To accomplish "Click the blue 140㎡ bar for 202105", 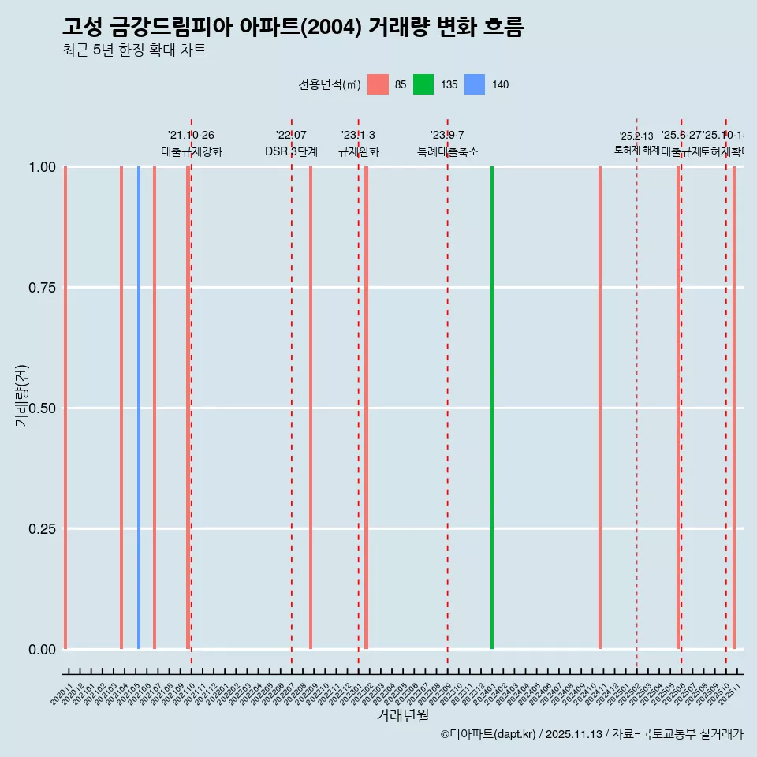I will pos(139,408).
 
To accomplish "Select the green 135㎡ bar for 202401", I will pos(492,408).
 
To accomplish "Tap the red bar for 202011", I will pos(65,408).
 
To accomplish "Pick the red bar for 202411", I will pos(600,408).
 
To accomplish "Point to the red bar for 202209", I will pos(311,408).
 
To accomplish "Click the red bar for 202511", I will pos(734,408).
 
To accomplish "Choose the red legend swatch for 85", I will pos(378,84).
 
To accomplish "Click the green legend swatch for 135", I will pos(423,84).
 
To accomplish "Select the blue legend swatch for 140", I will pos(475,84).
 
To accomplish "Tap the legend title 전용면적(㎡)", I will pos(330,84).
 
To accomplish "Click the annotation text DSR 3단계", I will pos(291,151).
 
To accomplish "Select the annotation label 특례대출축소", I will pos(448,151).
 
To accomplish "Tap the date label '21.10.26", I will pos(191,136).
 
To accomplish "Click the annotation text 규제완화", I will pos(359,151).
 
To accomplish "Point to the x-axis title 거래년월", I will pos(403,716).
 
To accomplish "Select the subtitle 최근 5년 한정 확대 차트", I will pos(134,50).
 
